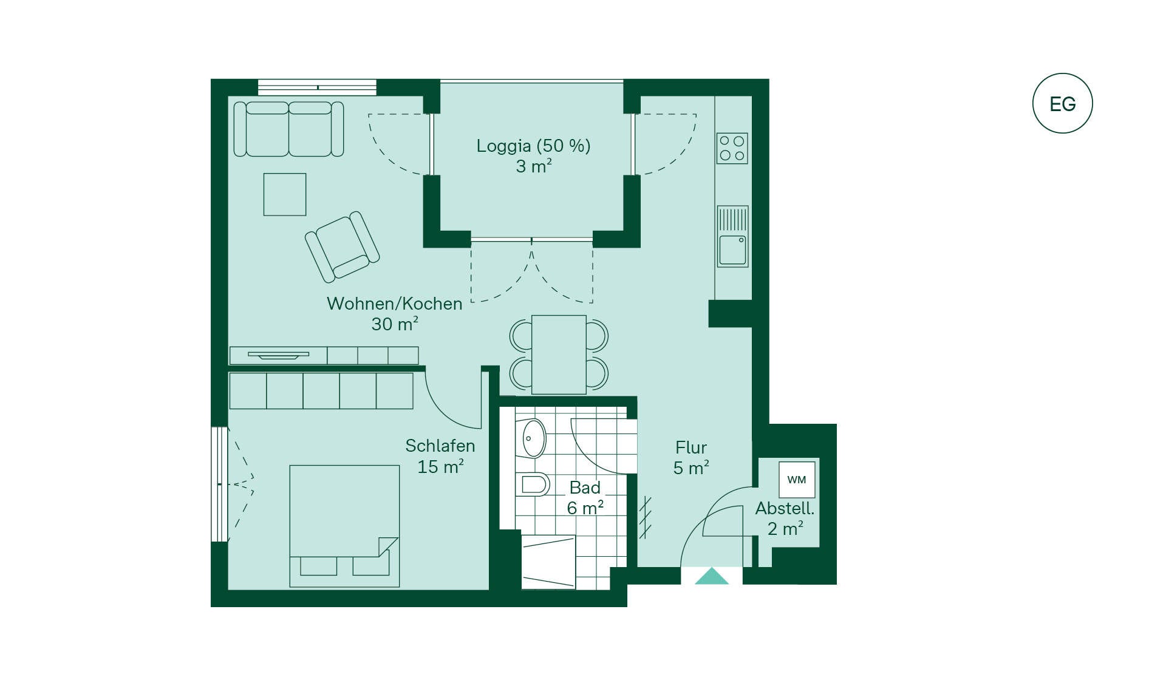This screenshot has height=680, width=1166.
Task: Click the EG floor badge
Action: (x=1062, y=103)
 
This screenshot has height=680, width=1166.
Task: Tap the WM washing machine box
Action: (x=797, y=480)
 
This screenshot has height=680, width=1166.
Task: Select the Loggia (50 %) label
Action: (x=533, y=146)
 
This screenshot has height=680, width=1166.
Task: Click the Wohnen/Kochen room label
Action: (x=395, y=304)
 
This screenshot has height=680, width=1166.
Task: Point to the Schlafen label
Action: (x=440, y=446)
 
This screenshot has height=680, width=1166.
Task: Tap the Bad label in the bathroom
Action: (x=585, y=488)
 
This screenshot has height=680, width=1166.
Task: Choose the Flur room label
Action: (x=691, y=448)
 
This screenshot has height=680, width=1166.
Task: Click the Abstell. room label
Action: (x=785, y=509)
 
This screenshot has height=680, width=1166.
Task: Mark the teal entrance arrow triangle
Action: (x=712, y=576)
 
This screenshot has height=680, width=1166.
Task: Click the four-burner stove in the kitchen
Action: (x=732, y=148)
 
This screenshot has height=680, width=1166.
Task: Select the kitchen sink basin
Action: (x=732, y=250)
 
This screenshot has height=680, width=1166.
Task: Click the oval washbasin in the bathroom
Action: (x=533, y=438)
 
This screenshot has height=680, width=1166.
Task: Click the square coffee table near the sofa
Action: (x=285, y=194)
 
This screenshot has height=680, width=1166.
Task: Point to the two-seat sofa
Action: (x=289, y=129)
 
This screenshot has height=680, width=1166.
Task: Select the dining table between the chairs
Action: (x=559, y=354)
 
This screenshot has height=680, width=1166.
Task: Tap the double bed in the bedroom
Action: (x=344, y=526)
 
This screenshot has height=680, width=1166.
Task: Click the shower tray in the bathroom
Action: (x=548, y=562)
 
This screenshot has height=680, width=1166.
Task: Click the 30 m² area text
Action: (x=395, y=324)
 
